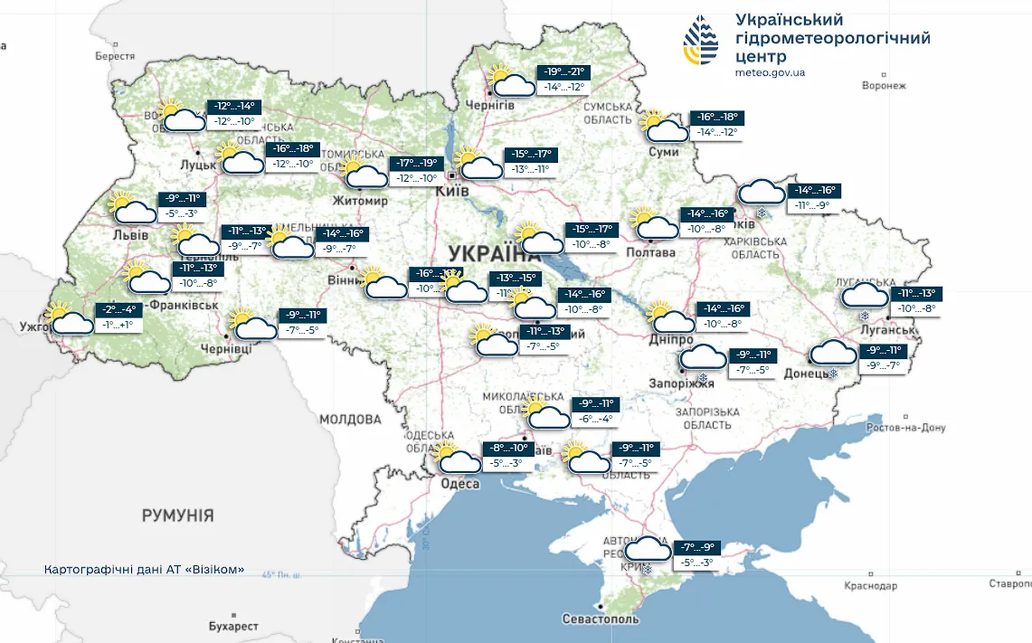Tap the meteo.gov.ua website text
pos(770,72)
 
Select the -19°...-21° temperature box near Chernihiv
pos(564,72)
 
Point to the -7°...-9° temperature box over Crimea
pos(696,547)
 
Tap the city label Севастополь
pos(601,619)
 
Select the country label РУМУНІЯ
pos(177,515)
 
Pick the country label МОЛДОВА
pos(350,420)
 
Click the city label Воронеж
pos(884,86)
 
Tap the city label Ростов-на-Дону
pos(904,428)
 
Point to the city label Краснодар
pos(870,586)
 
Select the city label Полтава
pos(650,252)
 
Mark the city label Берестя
pos(114,56)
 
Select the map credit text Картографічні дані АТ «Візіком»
pos(144,570)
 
